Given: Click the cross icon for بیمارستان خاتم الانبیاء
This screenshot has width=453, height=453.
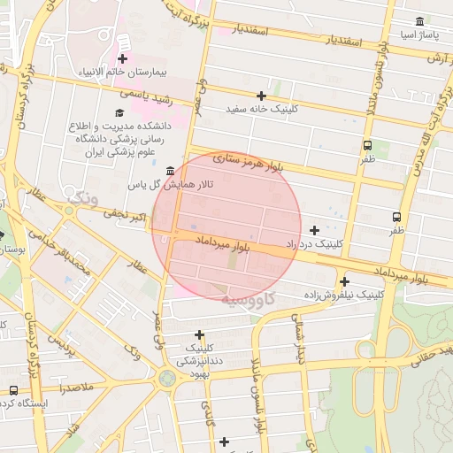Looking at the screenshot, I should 122,35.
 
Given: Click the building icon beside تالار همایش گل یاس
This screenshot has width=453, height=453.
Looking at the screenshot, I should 169,169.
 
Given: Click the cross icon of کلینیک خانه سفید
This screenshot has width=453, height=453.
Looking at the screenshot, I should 261,95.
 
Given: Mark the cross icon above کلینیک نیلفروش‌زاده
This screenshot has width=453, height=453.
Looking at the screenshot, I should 344,281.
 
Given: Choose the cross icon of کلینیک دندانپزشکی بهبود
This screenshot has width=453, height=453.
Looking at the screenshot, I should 200,334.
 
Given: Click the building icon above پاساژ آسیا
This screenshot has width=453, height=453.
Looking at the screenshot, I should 418,21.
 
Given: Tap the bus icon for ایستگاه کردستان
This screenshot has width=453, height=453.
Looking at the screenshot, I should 12,389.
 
